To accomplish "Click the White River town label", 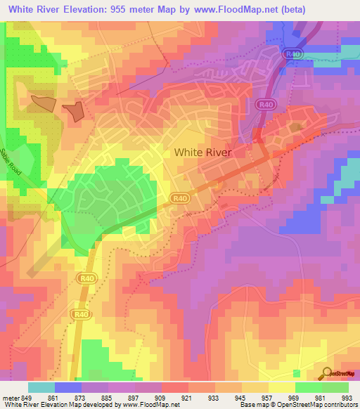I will (x=202, y=152).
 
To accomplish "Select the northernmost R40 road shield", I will (x=291, y=54).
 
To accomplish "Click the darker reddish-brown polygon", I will (x=73, y=111).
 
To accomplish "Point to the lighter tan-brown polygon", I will (x=43, y=103).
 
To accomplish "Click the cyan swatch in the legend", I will (x=41, y=387).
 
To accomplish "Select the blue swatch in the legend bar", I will (x=67, y=387).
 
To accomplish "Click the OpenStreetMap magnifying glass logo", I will (x=326, y=373).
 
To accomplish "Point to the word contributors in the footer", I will (x=339, y=404).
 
